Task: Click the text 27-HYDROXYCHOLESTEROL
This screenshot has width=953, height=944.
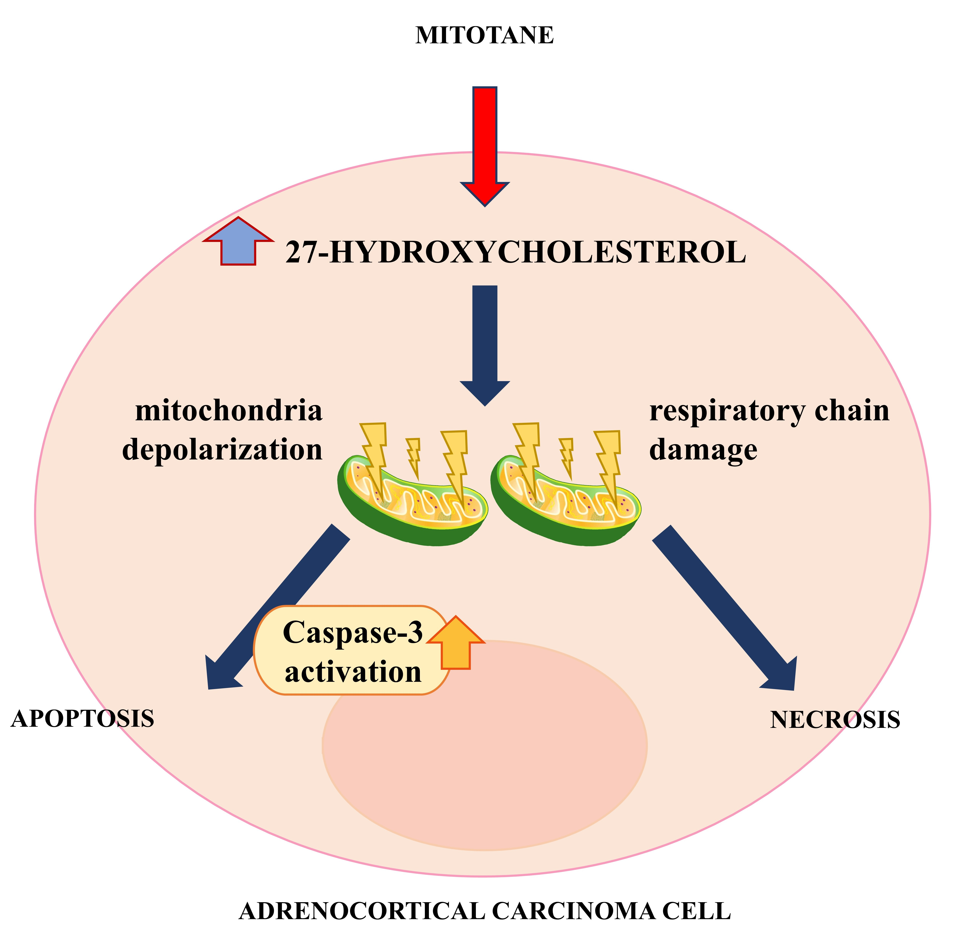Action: [516, 253]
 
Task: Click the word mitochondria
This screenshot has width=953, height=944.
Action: [229, 411]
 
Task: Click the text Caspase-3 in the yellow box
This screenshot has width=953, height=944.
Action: [353, 632]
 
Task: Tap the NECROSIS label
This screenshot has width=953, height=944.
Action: [835, 720]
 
